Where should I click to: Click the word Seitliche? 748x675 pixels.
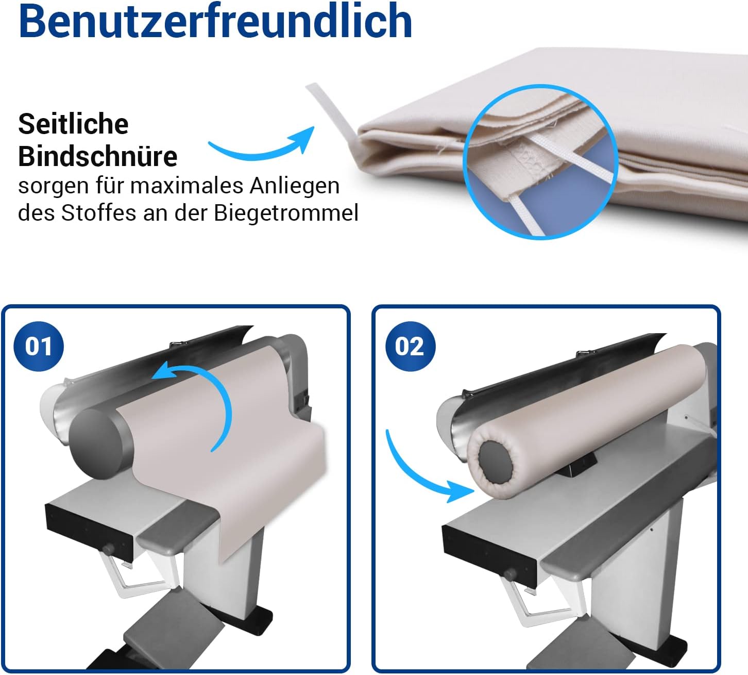click(74, 124)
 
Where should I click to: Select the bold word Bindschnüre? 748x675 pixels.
click(98, 156)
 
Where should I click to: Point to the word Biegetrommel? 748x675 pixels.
click(286, 213)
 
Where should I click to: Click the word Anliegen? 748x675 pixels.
click(295, 186)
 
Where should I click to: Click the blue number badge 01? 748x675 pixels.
click(39, 346)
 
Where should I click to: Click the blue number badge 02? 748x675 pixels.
click(410, 346)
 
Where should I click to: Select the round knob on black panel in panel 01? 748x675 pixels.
click(109, 549)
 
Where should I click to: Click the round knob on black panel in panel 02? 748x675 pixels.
click(509, 574)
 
